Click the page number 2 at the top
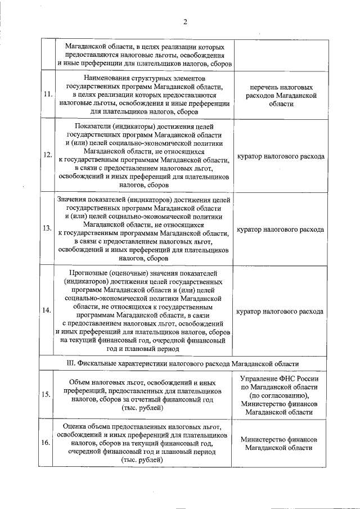pyautogui.click(x=184, y=22)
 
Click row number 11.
pyautogui.click(x=47, y=94)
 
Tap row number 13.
pyautogui.click(x=47, y=229)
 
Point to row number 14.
pyautogui.click(x=47, y=311)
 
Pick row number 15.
pyautogui.click(x=47, y=394)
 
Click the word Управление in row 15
pyautogui.click(x=259, y=379)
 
